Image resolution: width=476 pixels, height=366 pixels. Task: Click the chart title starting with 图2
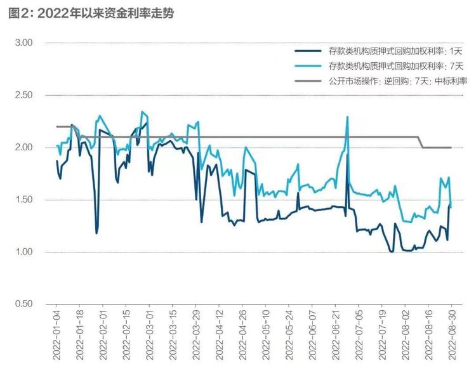(91, 13)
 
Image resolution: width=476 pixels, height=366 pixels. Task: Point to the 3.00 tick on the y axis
(23, 42)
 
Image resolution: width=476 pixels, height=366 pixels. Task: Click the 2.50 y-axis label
(23, 95)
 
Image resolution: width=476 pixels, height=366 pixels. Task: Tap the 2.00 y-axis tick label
(23, 147)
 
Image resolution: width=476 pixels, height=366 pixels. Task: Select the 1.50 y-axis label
(23, 200)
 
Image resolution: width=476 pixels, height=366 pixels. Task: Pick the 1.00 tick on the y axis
(23, 252)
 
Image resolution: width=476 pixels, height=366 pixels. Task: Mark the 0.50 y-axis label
(23, 304)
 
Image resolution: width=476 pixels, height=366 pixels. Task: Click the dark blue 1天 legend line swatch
(308, 51)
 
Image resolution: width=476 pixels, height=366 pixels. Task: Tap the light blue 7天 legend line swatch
(308, 66)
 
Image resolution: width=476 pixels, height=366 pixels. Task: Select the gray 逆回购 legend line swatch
(308, 81)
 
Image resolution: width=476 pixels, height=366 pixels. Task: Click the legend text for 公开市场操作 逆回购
(398, 81)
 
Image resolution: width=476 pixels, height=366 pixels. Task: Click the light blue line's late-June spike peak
(347, 117)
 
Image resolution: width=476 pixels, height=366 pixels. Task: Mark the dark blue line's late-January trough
(96, 233)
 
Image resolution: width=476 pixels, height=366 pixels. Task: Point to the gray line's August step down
(421, 142)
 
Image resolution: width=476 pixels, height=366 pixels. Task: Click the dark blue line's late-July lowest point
(392, 252)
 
